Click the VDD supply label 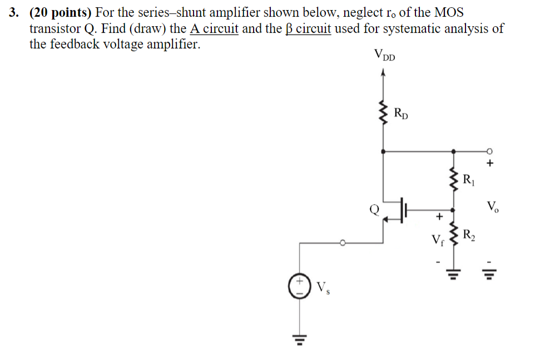[x=384, y=56]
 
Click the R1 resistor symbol [x=454, y=179]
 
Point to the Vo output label [x=492, y=208]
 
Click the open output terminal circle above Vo [x=489, y=150]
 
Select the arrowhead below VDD [x=382, y=72]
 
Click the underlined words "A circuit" [x=214, y=28]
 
